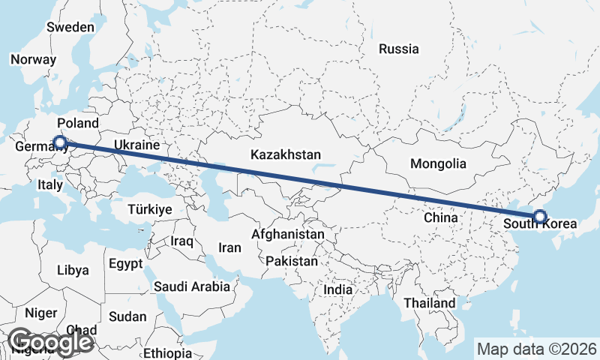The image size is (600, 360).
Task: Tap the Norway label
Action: pyautogui.click(x=34, y=60)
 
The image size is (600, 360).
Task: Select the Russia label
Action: pyautogui.click(x=398, y=49)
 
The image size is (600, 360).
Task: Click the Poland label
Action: pyautogui.click(x=77, y=123)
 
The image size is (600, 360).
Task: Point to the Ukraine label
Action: pyautogui.click(x=136, y=145)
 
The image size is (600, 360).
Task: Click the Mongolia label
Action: pyautogui.click(x=438, y=163)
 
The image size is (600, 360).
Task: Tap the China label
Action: pyautogui.click(x=440, y=217)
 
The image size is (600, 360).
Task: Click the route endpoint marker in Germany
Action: pyautogui.click(x=60, y=141)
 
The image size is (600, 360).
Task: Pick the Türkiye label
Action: pyautogui.click(x=150, y=209)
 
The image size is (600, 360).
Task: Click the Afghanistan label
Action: pyautogui.click(x=288, y=235)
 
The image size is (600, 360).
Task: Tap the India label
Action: pyautogui.click(x=337, y=289)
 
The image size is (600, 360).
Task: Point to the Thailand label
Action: pyautogui.click(x=429, y=303)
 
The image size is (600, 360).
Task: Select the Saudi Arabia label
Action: pyautogui.click(x=192, y=286)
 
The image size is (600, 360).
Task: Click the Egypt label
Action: pyautogui.click(x=124, y=264)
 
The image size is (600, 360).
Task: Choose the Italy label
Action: pyautogui.click(x=49, y=184)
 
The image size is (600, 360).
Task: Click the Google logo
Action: pyautogui.click(x=50, y=342)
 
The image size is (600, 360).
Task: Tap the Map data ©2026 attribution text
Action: pyautogui.click(x=536, y=349)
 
